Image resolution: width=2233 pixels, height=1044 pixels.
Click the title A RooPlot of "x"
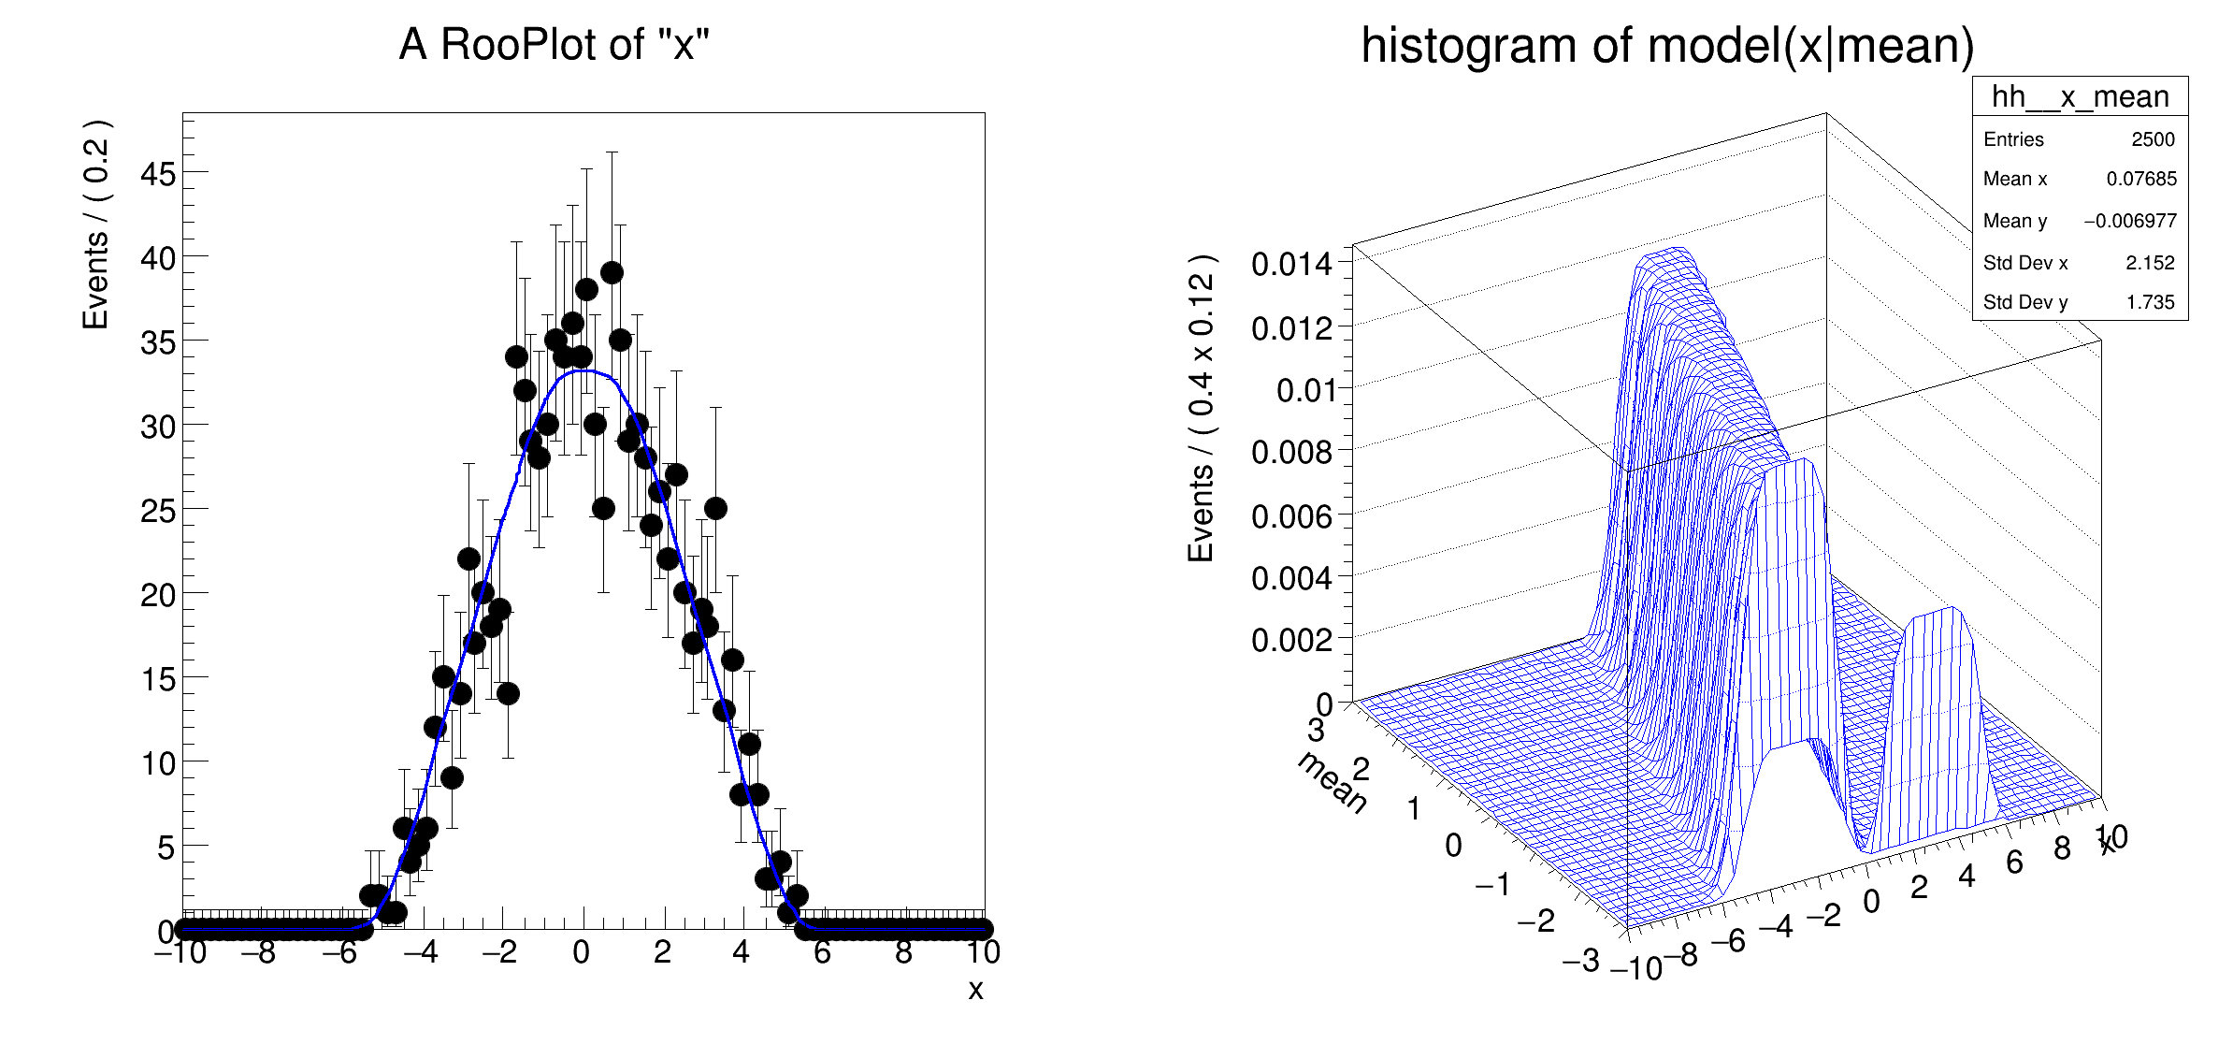(554, 45)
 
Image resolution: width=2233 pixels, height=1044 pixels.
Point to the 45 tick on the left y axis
(158, 174)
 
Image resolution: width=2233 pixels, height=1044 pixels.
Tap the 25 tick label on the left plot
(158, 511)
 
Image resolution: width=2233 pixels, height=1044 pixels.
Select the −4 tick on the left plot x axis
(421, 952)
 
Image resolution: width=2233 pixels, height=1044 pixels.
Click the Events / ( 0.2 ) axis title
(96, 225)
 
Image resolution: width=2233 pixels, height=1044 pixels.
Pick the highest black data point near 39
(612, 272)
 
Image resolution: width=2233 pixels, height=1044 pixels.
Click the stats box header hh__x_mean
(2080, 96)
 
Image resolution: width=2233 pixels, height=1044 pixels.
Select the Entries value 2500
(2153, 139)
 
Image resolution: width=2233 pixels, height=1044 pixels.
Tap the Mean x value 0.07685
(2141, 179)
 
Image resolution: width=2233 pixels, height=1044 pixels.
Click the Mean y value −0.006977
(2130, 221)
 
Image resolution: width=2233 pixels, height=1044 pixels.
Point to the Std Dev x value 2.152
(2150, 263)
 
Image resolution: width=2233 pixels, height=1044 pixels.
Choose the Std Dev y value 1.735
(2150, 302)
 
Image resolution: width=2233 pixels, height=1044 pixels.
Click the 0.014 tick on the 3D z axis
(1291, 265)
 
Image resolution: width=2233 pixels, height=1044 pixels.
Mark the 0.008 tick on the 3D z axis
(1291, 453)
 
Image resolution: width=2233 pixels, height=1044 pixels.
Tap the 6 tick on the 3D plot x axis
(2014, 862)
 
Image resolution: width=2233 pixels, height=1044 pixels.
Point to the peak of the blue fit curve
(582, 370)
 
